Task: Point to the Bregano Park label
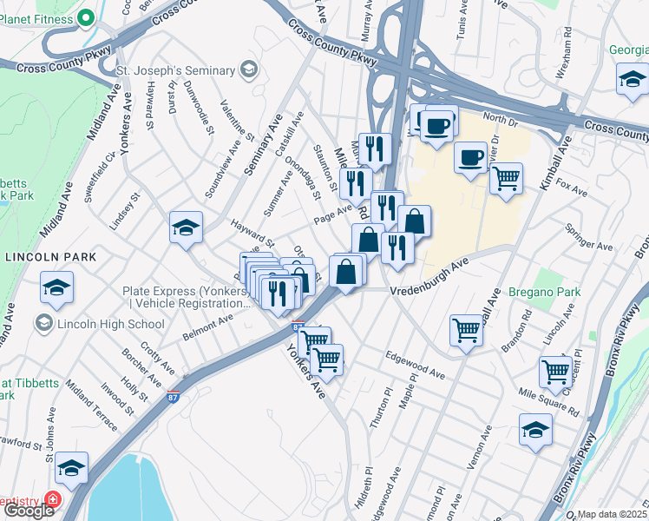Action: pos(544,293)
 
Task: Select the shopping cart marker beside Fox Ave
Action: pos(506,179)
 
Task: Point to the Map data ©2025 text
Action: pos(613,514)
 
